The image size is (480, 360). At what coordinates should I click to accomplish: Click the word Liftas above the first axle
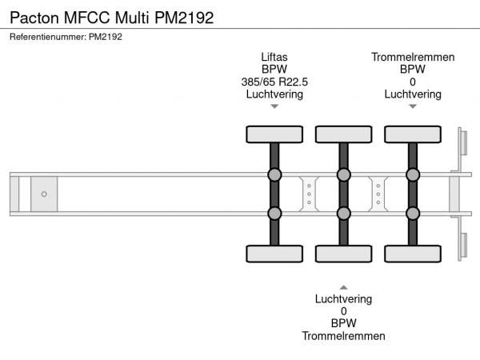[274, 57]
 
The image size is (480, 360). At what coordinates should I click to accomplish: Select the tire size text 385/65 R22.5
[274, 82]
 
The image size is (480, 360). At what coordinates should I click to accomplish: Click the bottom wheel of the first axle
[274, 254]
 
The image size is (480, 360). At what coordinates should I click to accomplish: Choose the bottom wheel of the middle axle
[343, 254]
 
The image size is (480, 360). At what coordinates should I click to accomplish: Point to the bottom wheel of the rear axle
[413, 254]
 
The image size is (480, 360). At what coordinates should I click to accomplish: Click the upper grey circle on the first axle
[274, 174]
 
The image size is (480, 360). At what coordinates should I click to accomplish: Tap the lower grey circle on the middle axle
[343, 213]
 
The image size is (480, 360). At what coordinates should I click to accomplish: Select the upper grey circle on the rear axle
[413, 174]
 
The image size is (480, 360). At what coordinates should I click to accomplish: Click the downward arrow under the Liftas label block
[274, 106]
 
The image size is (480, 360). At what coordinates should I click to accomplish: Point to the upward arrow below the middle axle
[343, 286]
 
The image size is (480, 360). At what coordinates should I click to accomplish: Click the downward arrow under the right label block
[413, 106]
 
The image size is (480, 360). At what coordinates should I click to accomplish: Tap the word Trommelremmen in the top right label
[413, 57]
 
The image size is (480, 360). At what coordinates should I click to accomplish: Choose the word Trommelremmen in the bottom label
[343, 336]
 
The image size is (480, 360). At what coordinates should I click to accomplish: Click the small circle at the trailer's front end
[44, 194]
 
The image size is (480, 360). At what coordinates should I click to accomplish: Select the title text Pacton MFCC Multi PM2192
[111, 17]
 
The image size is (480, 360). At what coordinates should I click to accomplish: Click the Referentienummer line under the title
[66, 36]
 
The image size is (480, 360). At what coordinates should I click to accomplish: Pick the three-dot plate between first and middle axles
[309, 194]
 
